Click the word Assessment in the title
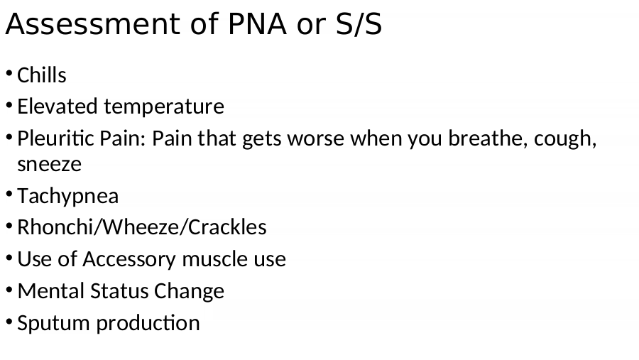coord(92,23)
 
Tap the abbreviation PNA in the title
coord(257,23)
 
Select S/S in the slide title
coord(359,23)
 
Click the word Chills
coord(42,75)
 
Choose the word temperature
coord(164,107)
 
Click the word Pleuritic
coord(55,138)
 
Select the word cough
coord(565,139)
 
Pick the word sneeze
coord(49,164)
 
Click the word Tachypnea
coord(67,196)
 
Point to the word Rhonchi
coord(55,227)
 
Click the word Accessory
coord(129,259)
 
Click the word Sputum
coord(54,323)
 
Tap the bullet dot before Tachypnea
coord(9,195)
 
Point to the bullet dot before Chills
coord(9,74)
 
